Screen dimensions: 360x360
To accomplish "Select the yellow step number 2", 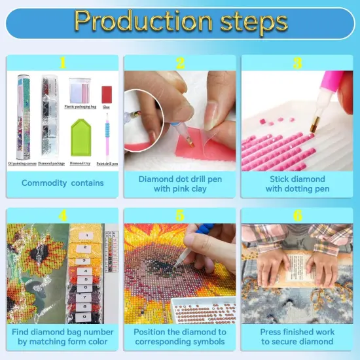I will [x=179, y=63].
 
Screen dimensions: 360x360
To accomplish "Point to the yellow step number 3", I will [x=297, y=63].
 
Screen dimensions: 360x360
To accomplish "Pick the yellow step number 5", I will [x=179, y=215].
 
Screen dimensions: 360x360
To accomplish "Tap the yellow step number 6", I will [x=297, y=215].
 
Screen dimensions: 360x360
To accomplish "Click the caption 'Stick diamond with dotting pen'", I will [x=297, y=183].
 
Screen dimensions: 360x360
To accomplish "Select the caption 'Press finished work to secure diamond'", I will [x=297, y=336].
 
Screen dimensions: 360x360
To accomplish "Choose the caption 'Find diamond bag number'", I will [x=62, y=332].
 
